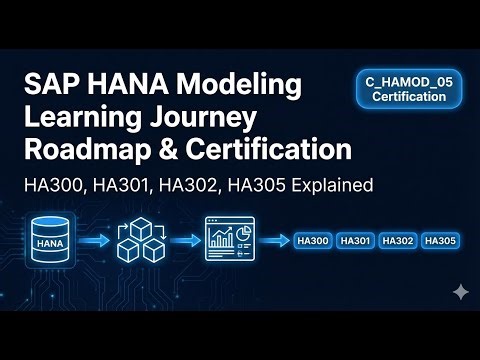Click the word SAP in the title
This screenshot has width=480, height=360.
point(49,85)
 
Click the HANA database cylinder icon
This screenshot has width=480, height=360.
point(54,239)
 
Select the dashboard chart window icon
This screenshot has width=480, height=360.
point(229,239)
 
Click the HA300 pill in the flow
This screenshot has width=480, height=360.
point(313,240)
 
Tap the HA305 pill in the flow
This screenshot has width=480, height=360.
point(440,240)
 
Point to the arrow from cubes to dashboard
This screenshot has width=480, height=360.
point(185,240)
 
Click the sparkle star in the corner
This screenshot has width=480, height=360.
point(460,291)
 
